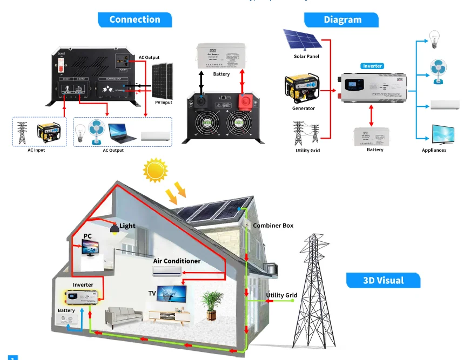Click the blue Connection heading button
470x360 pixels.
(x=135, y=20)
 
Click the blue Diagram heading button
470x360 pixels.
(x=343, y=20)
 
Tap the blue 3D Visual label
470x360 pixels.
(x=383, y=280)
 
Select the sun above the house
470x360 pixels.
(x=156, y=171)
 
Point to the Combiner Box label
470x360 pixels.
(x=273, y=225)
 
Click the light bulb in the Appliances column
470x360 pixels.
(x=433, y=37)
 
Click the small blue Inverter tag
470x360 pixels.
(x=372, y=66)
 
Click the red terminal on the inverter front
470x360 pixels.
(x=245, y=101)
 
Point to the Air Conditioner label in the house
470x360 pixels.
(x=177, y=261)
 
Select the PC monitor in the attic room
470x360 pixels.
(x=90, y=247)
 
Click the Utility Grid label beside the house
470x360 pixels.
(x=281, y=295)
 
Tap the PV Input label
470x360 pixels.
(x=163, y=102)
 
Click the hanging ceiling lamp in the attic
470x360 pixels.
(x=115, y=229)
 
